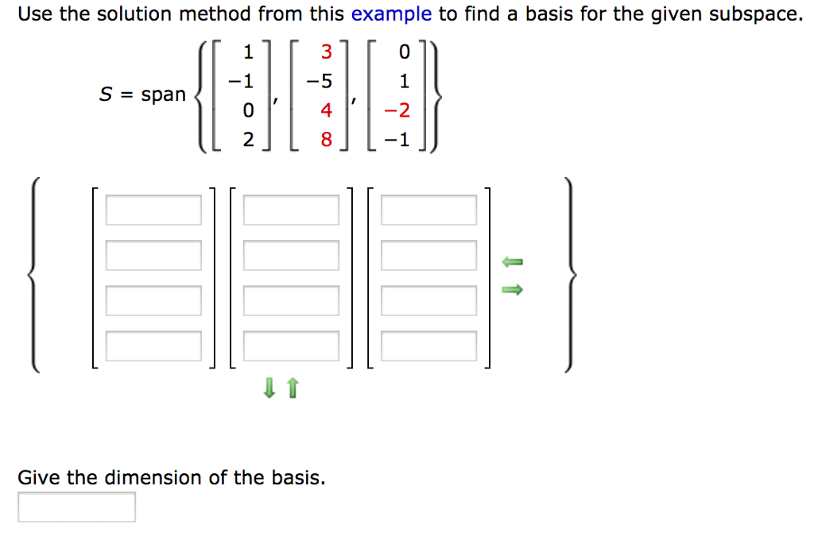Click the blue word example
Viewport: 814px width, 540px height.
390,14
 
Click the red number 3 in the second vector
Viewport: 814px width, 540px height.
326,53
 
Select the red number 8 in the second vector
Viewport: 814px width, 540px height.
326,141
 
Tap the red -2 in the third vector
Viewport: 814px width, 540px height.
402,111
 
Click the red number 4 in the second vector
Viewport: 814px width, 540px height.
326,111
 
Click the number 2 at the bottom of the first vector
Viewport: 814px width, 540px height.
248,141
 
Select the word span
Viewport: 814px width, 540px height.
163,94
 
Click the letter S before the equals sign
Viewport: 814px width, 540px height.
105,94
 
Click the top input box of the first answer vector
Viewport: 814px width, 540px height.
153,210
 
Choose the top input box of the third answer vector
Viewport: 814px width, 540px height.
428,210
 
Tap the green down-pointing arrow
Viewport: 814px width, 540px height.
270,388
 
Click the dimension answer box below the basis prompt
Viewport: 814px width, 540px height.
76,507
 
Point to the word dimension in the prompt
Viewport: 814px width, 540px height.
153,478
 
